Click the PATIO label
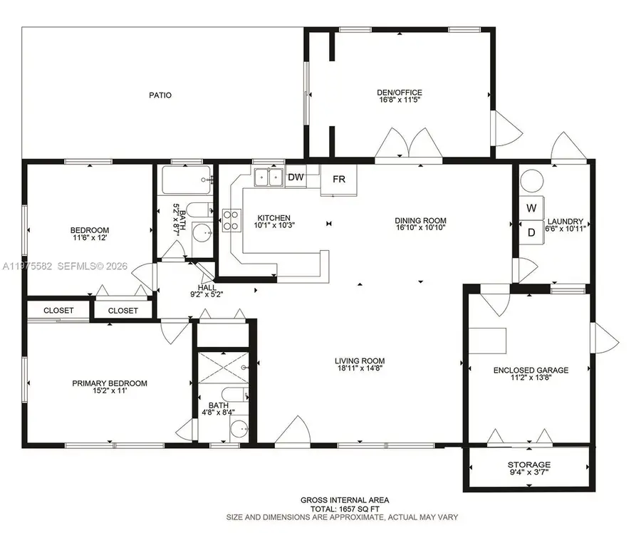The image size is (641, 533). [x=160, y=95]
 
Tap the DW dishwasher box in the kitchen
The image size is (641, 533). [x=295, y=177]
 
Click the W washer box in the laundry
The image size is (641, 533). [x=531, y=208]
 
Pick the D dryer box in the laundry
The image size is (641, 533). [x=531, y=232]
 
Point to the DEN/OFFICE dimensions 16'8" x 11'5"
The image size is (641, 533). [x=399, y=101]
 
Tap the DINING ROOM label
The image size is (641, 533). [x=420, y=220]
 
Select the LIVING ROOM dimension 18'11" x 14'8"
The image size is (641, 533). [x=360, y=369]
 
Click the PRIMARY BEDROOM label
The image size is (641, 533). [x=110, y=383]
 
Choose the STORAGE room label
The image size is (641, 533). [x=529, y=465]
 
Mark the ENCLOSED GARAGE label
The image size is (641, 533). [x=531, y=370]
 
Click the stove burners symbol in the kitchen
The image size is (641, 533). [x=231, y=220]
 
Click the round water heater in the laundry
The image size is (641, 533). [x=531, y=181]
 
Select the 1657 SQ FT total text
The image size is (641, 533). [x=344, y=509]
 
